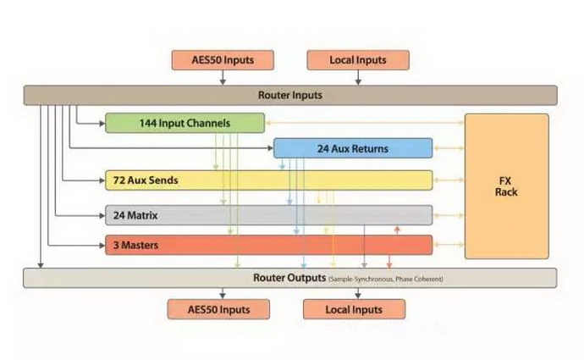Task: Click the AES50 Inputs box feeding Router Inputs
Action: point(223,60)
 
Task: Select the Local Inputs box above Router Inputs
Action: point(358,60)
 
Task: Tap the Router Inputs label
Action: point(290,95)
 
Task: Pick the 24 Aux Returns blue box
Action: point(353,148)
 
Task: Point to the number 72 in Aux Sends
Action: point(119,180)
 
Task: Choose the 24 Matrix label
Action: point(135,215)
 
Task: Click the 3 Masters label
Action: point(136,245)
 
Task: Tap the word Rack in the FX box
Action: point(506,192)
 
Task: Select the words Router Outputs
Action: point(289,278)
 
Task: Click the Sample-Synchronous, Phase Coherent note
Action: point(386,279)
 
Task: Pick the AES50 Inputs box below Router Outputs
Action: point(218,309)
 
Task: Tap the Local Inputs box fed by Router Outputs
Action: point(354,309)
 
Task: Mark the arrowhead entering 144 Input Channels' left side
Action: point(102,124)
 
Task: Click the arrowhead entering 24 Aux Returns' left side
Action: point(271,148)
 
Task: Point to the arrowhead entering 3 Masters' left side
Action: point(102,245)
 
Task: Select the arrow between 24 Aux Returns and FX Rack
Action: point(449,148)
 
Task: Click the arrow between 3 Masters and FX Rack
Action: point(449,245)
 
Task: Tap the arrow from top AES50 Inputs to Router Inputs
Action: point(223,78)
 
